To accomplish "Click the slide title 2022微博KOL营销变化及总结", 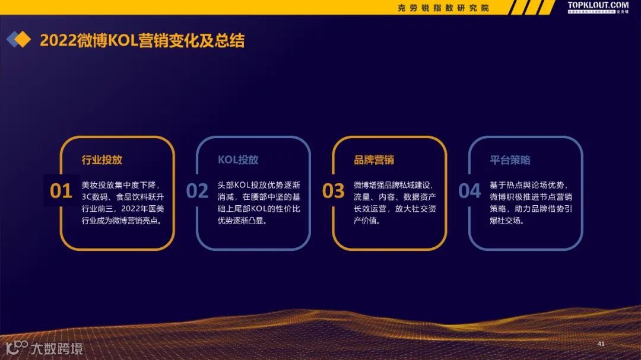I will [142, 40].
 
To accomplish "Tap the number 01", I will [61, 191].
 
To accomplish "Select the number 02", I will [197, 191].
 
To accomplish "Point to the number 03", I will [333, 191].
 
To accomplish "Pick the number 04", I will [469, 191].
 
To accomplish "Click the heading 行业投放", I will [102, 160].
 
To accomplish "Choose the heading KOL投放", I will [238, 160].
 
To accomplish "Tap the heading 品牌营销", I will [374, 160].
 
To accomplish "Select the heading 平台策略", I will [510, 160].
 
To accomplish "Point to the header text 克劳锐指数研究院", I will [443, 8].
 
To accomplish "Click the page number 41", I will [601, 344].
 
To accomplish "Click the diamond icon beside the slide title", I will [18, 40].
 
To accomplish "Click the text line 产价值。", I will [367, 221].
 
